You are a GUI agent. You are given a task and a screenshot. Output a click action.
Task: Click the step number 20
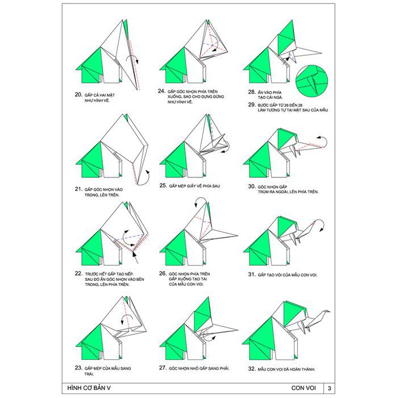point(78,94)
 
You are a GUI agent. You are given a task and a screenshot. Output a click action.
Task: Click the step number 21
point(78,188)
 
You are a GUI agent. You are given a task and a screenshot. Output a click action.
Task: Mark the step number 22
point(78,273)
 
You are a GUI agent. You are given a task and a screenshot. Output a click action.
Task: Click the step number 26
point(162,273)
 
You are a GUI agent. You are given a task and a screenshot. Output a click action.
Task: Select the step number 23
point(78,367)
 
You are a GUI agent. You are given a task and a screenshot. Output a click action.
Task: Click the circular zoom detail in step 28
point(311,80)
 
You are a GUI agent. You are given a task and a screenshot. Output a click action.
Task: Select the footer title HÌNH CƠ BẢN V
point(86,388)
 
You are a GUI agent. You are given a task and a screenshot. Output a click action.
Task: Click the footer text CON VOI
point(303,388)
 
